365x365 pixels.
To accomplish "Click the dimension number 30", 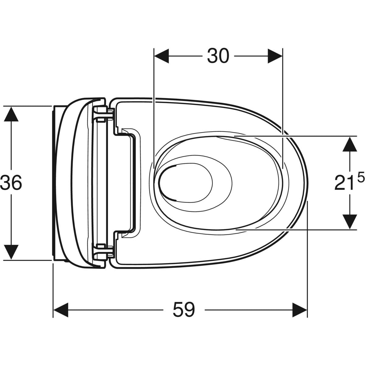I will point(218,56).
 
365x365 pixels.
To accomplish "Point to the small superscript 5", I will point(360,178).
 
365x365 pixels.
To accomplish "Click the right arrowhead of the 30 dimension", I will point(275,56).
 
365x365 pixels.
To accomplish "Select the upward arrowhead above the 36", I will point(11,114).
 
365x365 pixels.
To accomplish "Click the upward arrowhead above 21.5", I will point(350,144).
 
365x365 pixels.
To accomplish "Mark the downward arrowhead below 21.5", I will point(350,221).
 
